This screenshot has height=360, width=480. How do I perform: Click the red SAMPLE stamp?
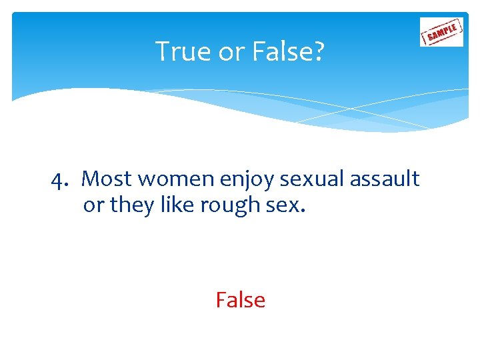click(x=441, y=31)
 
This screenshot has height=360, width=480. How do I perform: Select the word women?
click(x=167, y=179)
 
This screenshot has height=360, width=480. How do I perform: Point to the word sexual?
click(x=304, y=179)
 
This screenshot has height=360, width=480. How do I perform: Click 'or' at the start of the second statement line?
click(x=94, y=206)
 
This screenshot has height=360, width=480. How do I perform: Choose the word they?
click(x=133, y=206)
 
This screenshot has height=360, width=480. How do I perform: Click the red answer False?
click(x=240, y=301)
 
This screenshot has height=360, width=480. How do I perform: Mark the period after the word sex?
click(x=303, y=211)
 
